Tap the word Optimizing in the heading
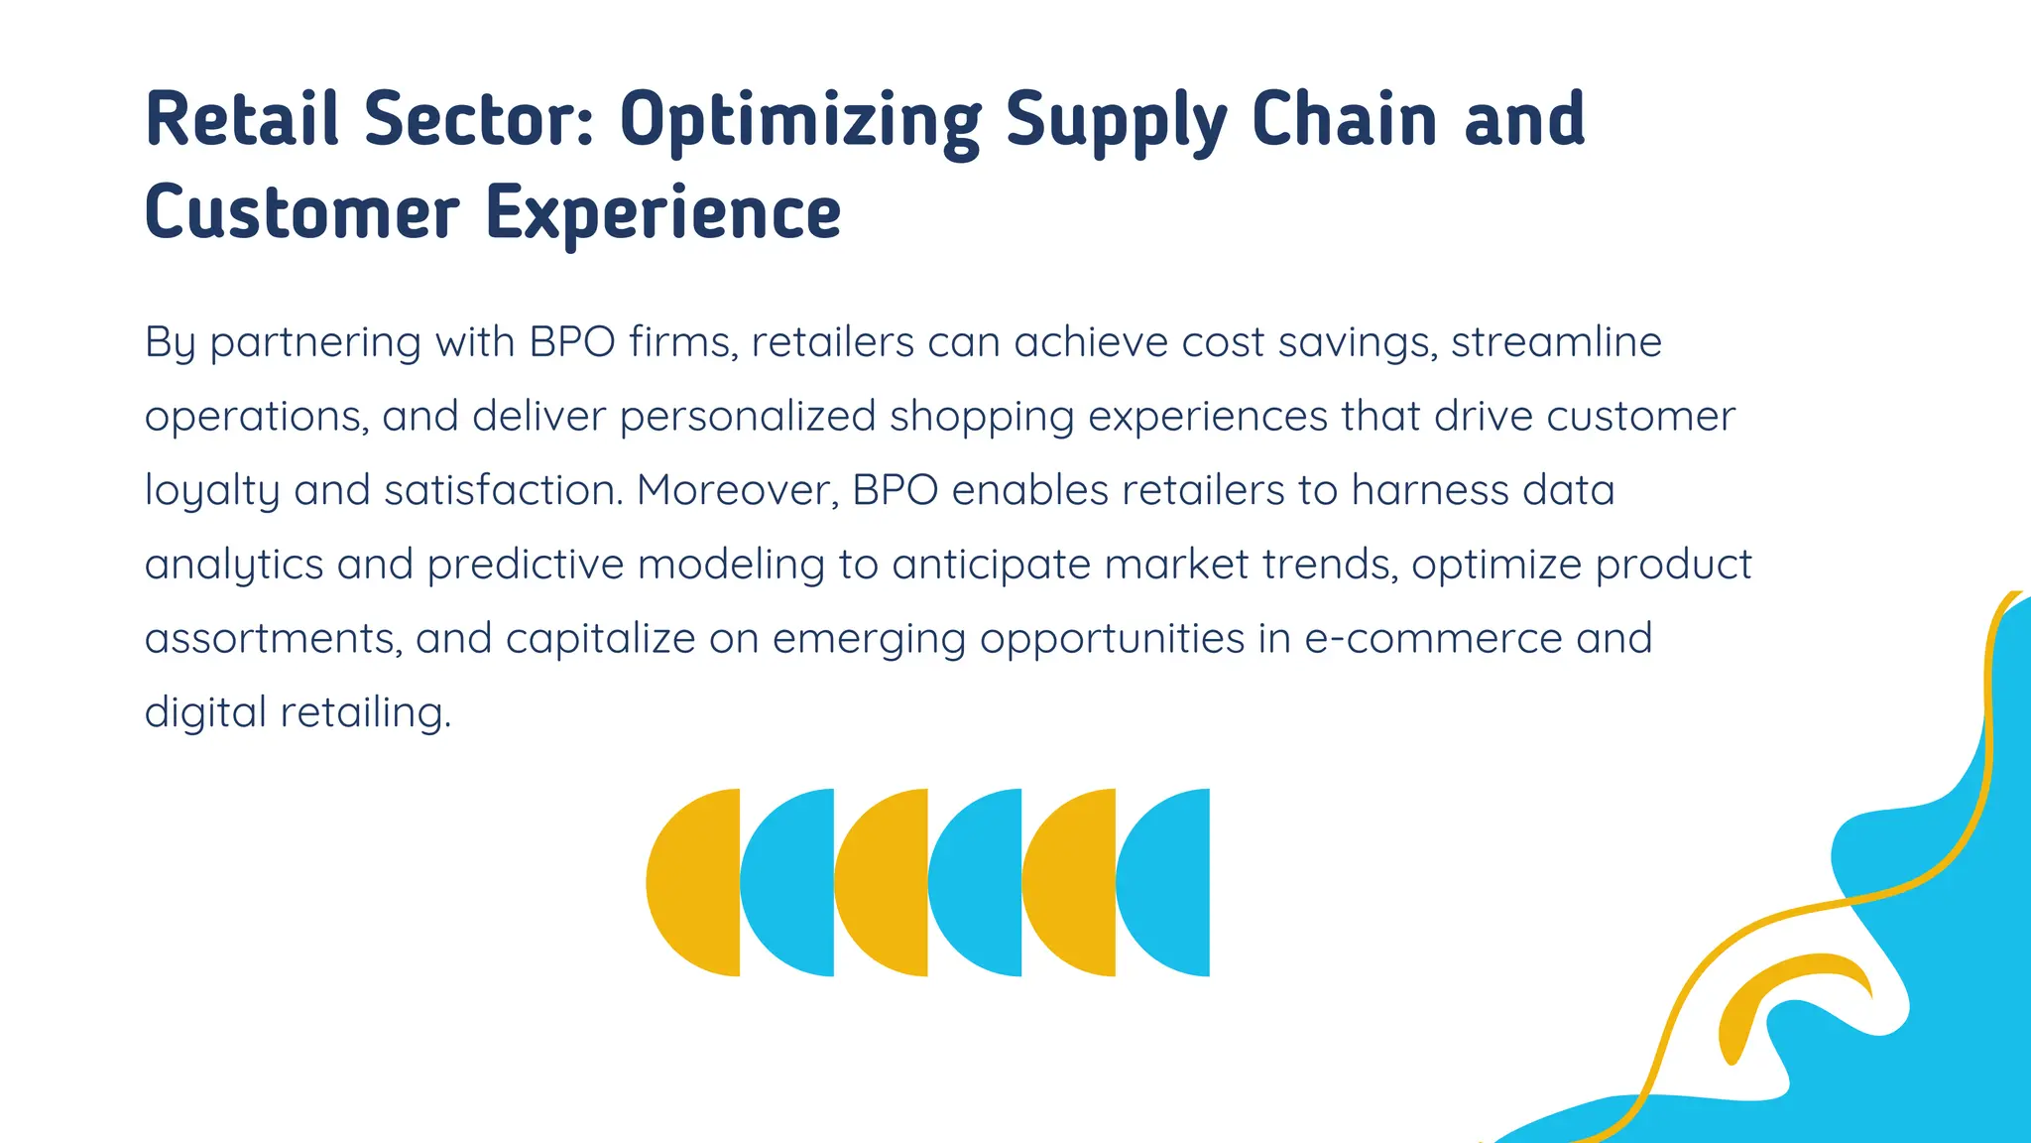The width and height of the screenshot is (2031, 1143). [800, 121]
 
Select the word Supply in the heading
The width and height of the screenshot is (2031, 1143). [1116, 121]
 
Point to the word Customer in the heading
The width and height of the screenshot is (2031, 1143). [302, 212]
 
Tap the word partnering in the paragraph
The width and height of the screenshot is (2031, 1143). [315, 343]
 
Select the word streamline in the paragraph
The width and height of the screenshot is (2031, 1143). [1556, 342]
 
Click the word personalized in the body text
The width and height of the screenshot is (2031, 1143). [748, 417]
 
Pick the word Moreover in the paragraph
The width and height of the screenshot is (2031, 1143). [737, 490]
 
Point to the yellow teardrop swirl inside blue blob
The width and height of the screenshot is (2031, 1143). [1775, 992]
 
